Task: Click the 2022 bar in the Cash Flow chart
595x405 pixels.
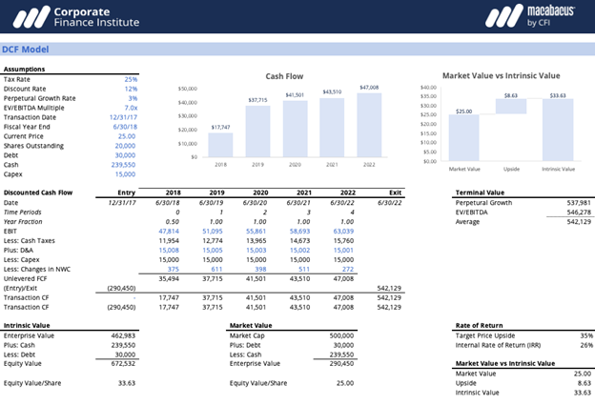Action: click(368, 125)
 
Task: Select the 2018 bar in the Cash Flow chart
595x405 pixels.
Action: click(220, 144)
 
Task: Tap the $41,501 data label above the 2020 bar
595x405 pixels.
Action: click(295, 95)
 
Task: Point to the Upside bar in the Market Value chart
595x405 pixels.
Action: click(510, 107)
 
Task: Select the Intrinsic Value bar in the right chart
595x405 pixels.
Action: click(558, 130)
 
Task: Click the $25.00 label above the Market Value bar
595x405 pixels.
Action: click(463, 111)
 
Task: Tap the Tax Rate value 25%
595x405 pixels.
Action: click(131, 79)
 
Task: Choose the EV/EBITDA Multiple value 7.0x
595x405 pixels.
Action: click(130, 109)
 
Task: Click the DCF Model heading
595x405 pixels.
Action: click(27, 50)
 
